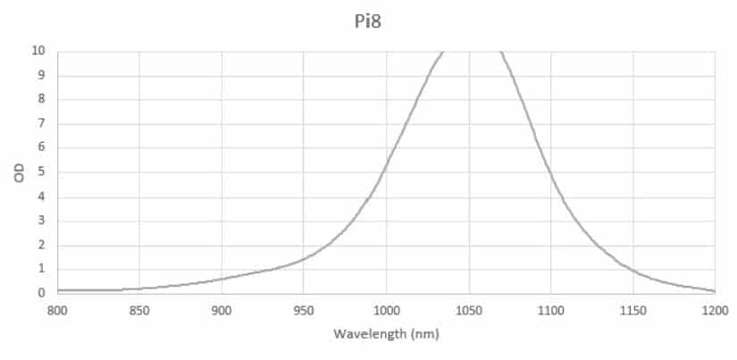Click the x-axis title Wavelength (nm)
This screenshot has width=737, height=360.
coord(386,334)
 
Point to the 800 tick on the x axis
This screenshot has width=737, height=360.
coord(57,310)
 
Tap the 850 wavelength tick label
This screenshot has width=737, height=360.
coord(139,310)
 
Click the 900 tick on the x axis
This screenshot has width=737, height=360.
coord(222,310)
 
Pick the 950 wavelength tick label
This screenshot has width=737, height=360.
coord(304,310)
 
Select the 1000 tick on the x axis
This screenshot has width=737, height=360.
coord(386,310)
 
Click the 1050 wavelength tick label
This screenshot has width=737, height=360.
coord(468,310)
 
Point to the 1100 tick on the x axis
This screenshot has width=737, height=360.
coord(550,310)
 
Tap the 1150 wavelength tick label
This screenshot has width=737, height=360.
coord(632,310)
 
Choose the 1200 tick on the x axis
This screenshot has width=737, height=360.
coord(715,310)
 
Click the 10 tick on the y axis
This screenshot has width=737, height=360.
coord(39,51)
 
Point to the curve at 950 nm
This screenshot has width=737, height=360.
coord(304,259)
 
